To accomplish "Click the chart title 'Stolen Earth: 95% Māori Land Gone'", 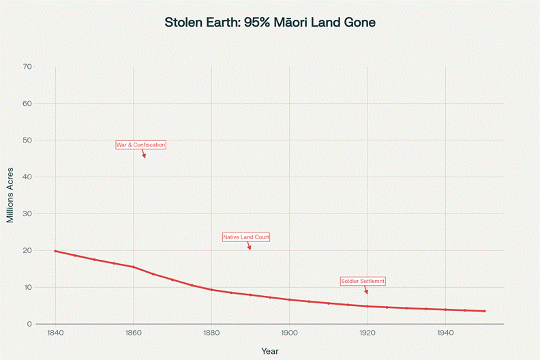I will pos(270,22).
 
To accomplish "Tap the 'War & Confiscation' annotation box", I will pos(140,145).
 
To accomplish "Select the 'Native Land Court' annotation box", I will pos(246,237).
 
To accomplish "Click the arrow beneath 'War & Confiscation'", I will pos(144,154).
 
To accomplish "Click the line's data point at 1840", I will pos(55,251).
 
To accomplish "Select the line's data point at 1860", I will pos(134,267).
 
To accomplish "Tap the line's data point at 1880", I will pos(211,290).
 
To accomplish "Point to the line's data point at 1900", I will pos(289,299).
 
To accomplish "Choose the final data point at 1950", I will pos(484,311).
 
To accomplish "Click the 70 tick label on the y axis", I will pos(27,67).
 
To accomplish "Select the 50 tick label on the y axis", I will pos(27,140).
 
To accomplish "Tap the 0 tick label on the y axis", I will pos(29,324).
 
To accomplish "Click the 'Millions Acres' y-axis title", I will pos(10,195).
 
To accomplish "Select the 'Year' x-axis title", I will pos(270,350).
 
